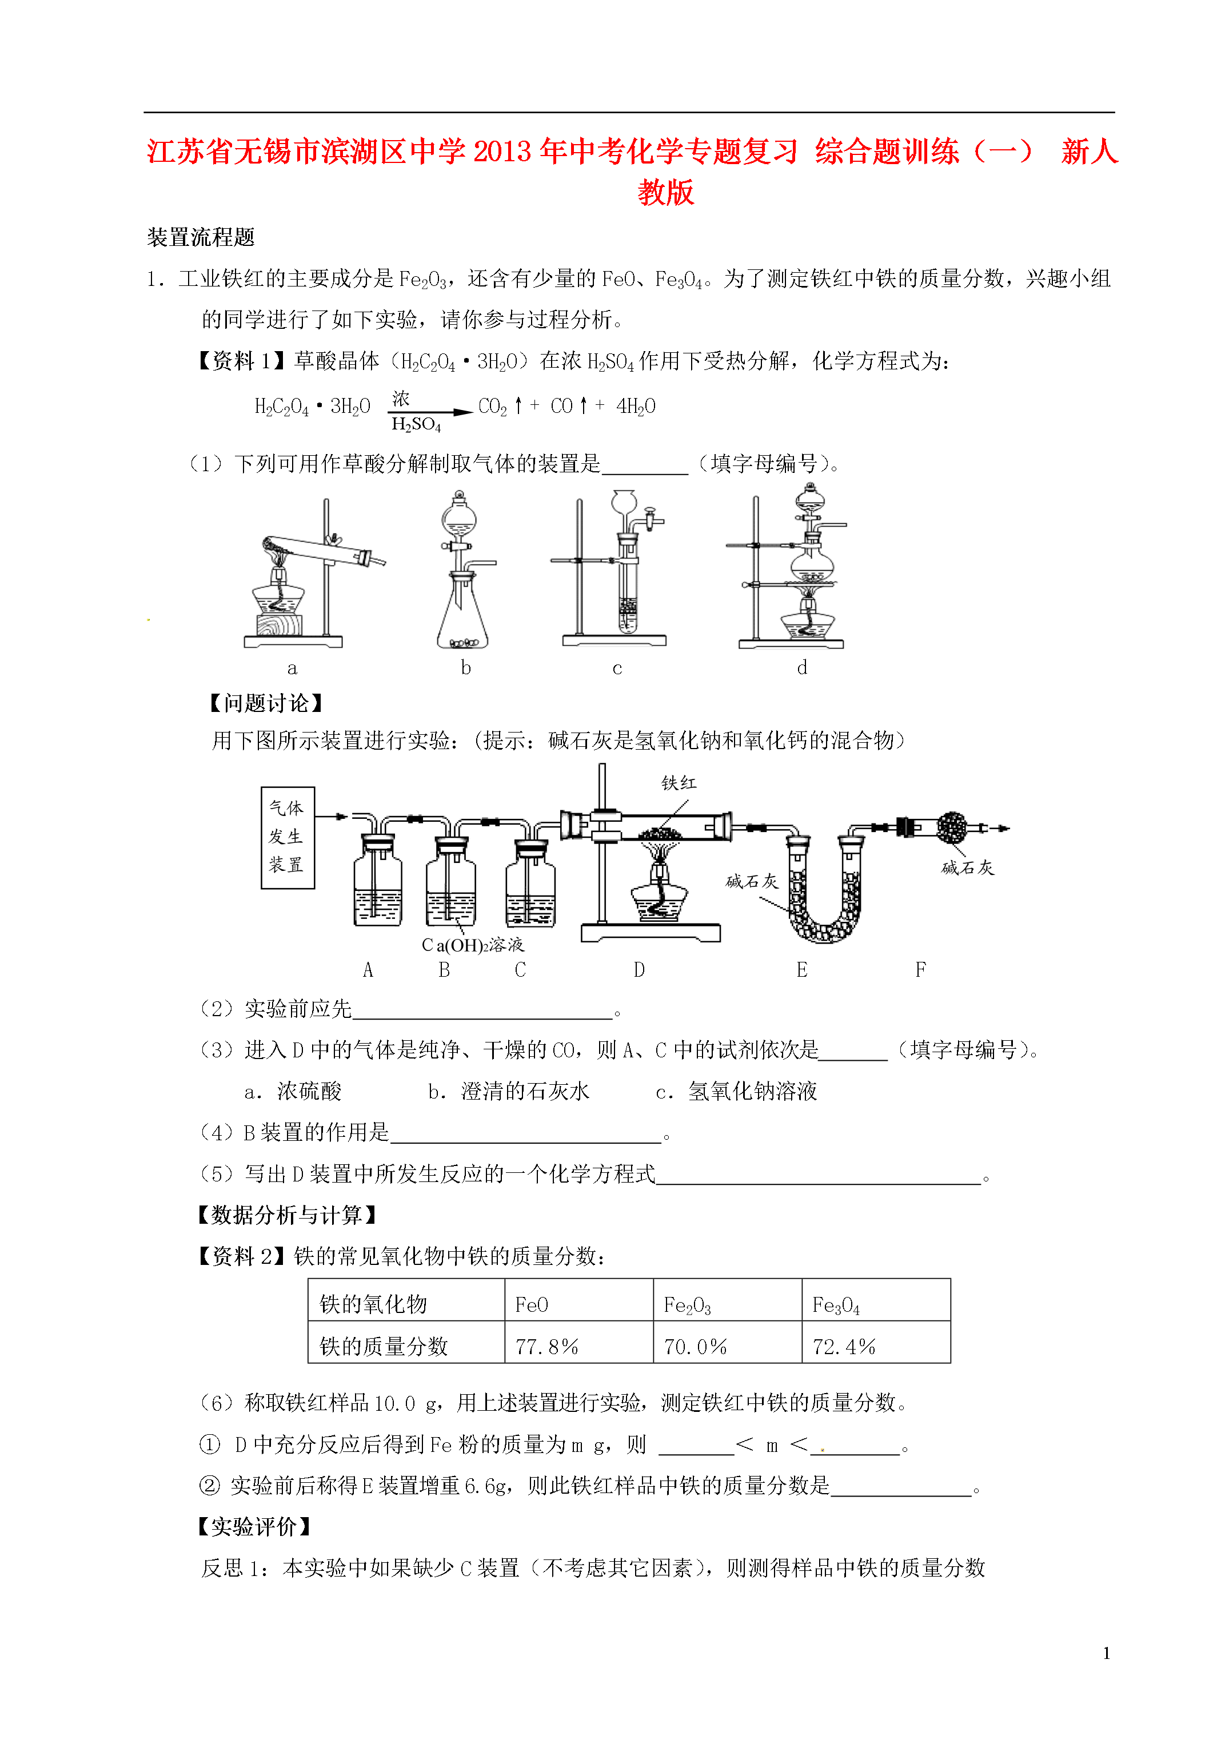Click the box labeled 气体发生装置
[x=287, y=837]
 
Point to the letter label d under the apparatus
[x=802, y=667]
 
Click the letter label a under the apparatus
[x=292, y=668]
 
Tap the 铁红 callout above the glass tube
[x=679, y=782]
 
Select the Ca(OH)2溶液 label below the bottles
[x=473, y=945]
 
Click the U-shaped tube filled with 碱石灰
[x=823, y=901]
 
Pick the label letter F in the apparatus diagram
[x=920, y=969]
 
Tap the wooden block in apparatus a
[x=278, y=625]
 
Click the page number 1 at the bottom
[x=1106, y=1653]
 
